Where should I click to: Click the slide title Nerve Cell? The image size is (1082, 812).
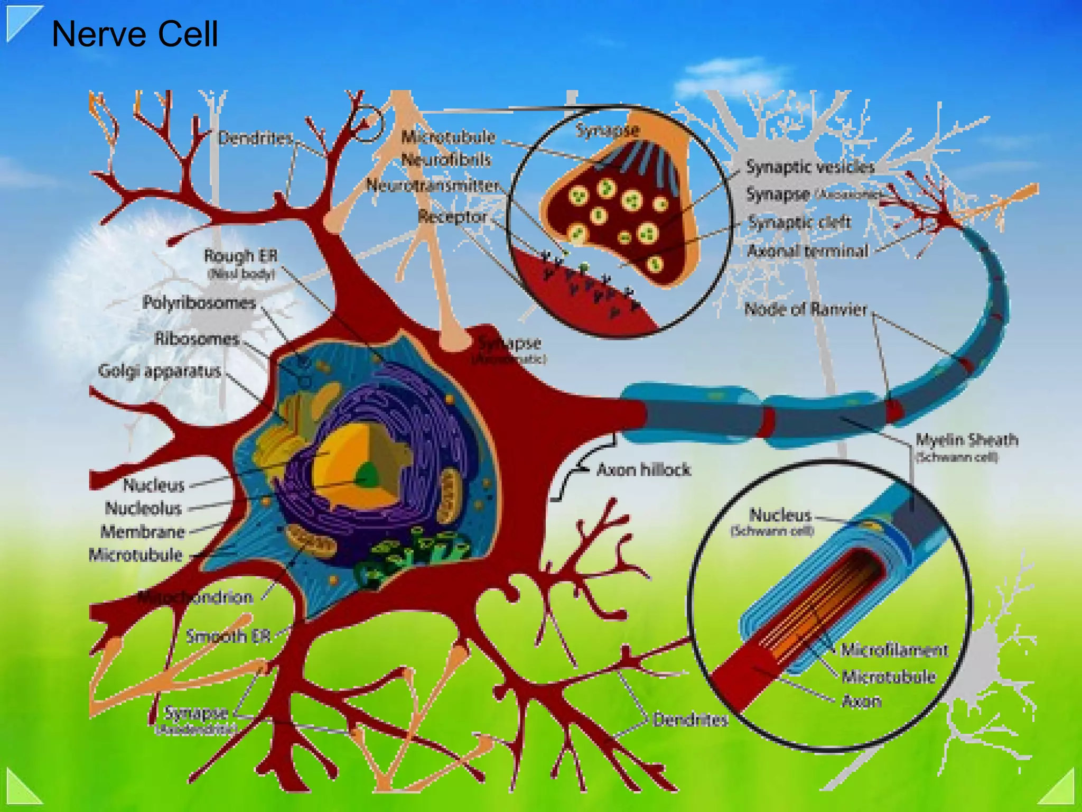click(135, 34)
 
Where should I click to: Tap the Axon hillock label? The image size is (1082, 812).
click(643, 469)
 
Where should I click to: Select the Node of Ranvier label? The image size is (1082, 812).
click(805, 309)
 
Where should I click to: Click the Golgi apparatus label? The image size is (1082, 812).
click(160, 371)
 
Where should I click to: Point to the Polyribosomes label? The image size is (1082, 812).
click(199, 303)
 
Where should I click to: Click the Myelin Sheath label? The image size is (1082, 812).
click(966, 440)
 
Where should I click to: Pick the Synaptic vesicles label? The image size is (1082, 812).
click(810, 167)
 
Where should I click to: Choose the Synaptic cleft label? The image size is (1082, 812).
click(799, 222)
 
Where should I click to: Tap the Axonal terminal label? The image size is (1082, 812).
click(807, 251)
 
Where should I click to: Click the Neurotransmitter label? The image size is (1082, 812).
click(433, 186)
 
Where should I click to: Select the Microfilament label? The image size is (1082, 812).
click(894, 650)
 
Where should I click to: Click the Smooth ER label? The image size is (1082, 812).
click(228, 636)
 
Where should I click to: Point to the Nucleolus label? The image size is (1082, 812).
click(143, 509)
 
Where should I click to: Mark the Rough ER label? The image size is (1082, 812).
click(240, 256)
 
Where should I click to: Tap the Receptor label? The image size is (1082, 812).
click(452, 217)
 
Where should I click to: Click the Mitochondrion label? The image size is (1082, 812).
click(195, 598)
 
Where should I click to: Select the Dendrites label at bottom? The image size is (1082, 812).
click(690, 719)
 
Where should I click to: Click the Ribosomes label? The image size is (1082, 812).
click(197, 339)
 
